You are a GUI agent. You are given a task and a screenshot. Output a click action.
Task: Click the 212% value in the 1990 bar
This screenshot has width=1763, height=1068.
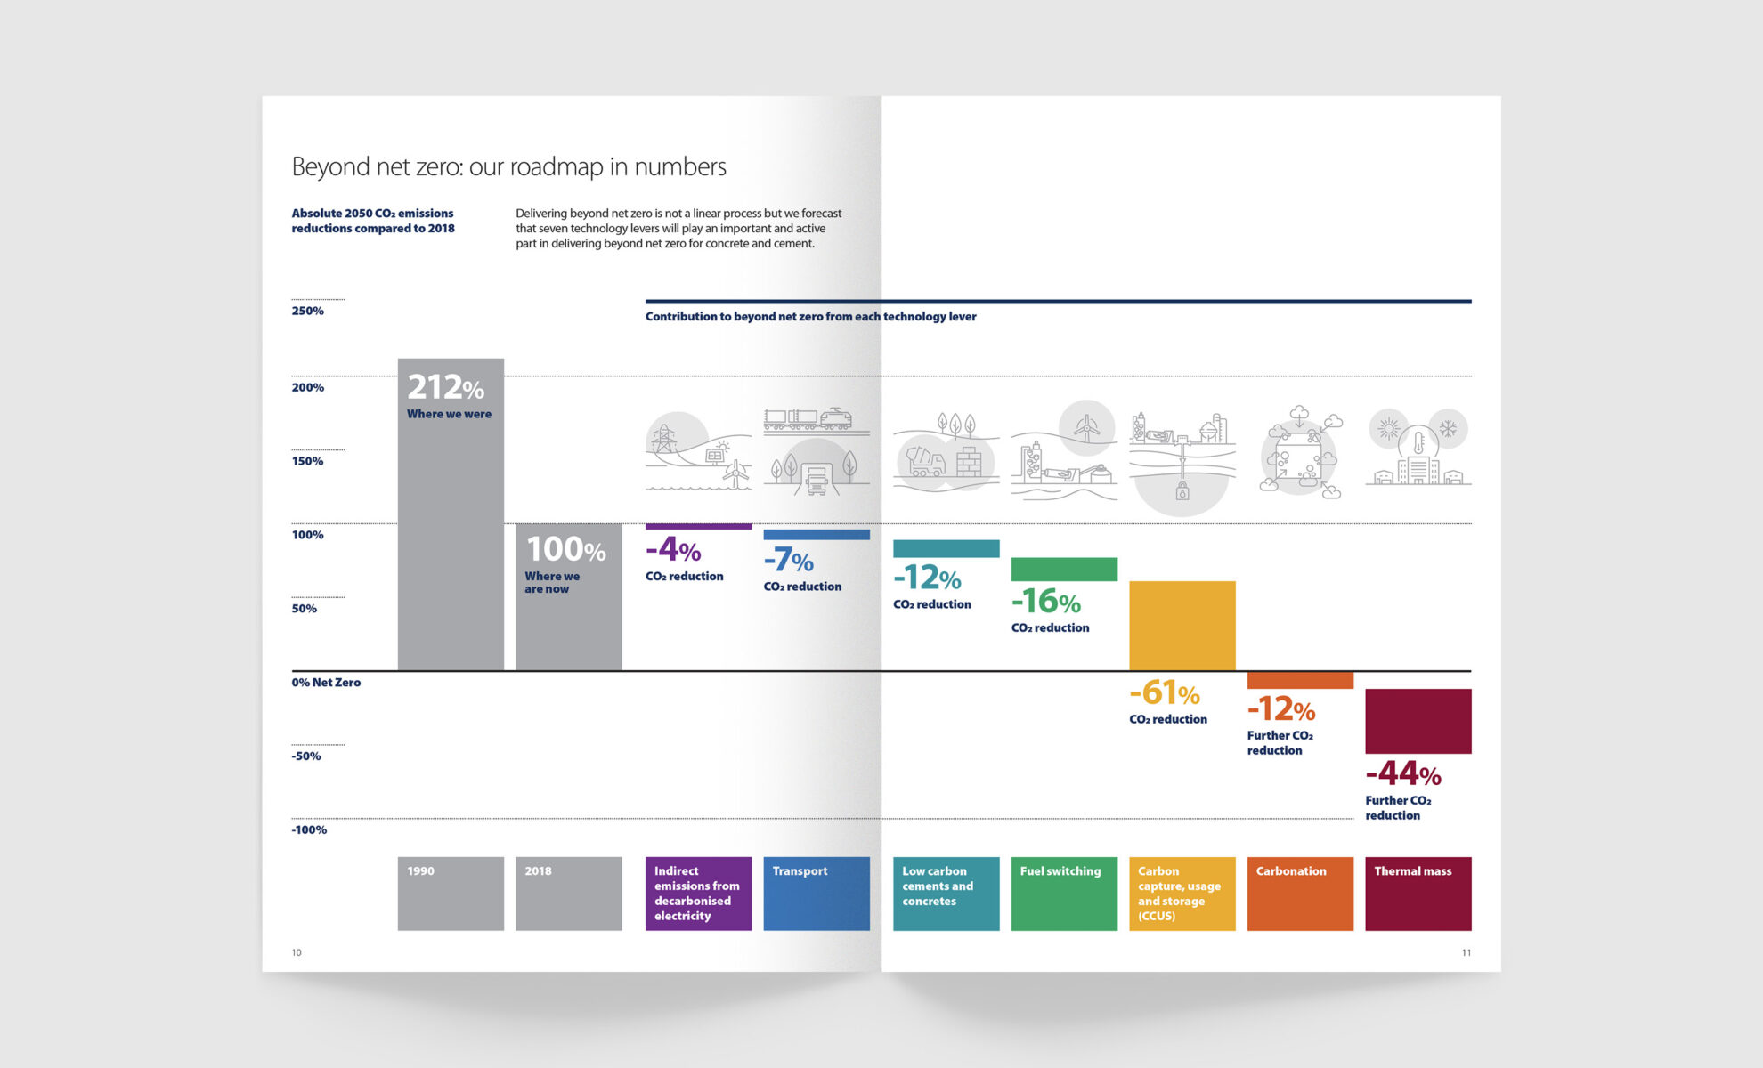(x=445, y=387)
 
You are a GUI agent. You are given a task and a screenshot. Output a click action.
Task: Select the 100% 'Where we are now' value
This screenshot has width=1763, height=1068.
(x=565, y=549)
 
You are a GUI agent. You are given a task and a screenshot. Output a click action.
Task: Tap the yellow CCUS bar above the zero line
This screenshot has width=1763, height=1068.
(x=1182, y=625)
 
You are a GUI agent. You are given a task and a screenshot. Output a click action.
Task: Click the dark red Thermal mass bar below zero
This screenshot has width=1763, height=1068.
(x=1418, y=721)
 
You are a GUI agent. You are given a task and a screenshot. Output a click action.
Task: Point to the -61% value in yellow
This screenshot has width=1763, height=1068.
(x=1164, y=692)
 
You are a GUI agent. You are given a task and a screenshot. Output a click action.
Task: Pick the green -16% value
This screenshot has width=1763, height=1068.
(x=1045, y=602)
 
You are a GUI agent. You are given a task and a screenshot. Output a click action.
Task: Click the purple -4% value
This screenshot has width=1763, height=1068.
(x=673, y=549)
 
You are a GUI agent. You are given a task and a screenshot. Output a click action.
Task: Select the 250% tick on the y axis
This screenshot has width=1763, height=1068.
(x=307, y=311)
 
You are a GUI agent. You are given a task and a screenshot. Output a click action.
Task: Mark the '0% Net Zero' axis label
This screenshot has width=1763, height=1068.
(x=326, y=683)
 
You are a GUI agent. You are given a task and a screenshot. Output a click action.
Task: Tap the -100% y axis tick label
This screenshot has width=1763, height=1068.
(x=309, y=829)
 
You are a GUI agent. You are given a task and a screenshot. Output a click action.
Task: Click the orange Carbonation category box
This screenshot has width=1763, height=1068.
(x=1300, y=893)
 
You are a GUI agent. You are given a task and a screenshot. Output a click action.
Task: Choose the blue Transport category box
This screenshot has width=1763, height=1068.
(x=816, y=893)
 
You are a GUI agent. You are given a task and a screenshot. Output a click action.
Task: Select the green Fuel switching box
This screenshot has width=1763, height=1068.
(x=1064, y=893)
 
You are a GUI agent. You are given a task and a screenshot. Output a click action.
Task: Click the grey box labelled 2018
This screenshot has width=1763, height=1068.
(x=568, y=893)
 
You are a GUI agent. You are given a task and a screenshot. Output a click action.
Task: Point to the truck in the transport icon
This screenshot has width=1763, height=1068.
(x=817, y=479)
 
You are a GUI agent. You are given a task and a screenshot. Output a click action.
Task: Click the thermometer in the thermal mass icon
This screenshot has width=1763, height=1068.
(x=1418, y=442)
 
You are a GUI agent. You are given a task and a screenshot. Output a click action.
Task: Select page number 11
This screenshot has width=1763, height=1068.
(x=1466, y=952)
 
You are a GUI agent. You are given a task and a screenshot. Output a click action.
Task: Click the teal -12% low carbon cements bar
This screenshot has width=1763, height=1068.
(x=946, y=548)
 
